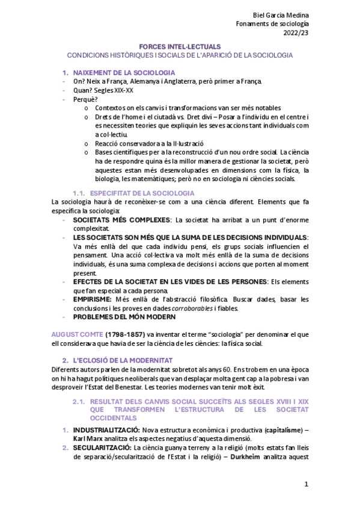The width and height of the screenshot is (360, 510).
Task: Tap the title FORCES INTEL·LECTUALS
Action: click(x=180, y=46)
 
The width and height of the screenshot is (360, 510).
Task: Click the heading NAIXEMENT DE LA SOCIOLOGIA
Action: click(x=120, y=72)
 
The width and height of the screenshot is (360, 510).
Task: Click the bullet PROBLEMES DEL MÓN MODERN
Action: click(x=124, y=317)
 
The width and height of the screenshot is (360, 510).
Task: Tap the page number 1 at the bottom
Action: click(x=306, y=484)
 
